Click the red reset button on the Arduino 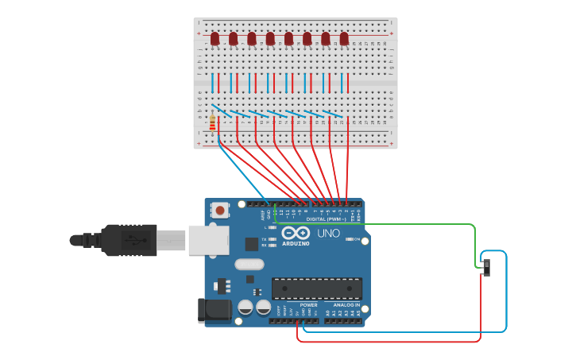click(219, 211)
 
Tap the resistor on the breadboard click(212, 122)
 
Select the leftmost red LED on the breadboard click(215, 38)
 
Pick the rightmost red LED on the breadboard click(344, 38)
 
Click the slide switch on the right click(486, 267)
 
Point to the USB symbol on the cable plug click(141, 239)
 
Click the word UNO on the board click(328, 234)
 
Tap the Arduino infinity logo click(296, 234)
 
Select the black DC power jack click(213, 310)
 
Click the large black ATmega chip click(317, 288)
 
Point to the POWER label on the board click(308, 305)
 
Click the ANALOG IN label click(346, 305)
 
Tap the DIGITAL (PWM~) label click(326, 219)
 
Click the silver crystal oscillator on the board click(249, 264)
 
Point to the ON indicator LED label click(356, 239)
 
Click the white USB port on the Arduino click(208, 240)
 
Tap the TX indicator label click(264, 238)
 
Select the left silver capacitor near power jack click(245, 307)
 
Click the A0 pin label click(327, 312)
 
